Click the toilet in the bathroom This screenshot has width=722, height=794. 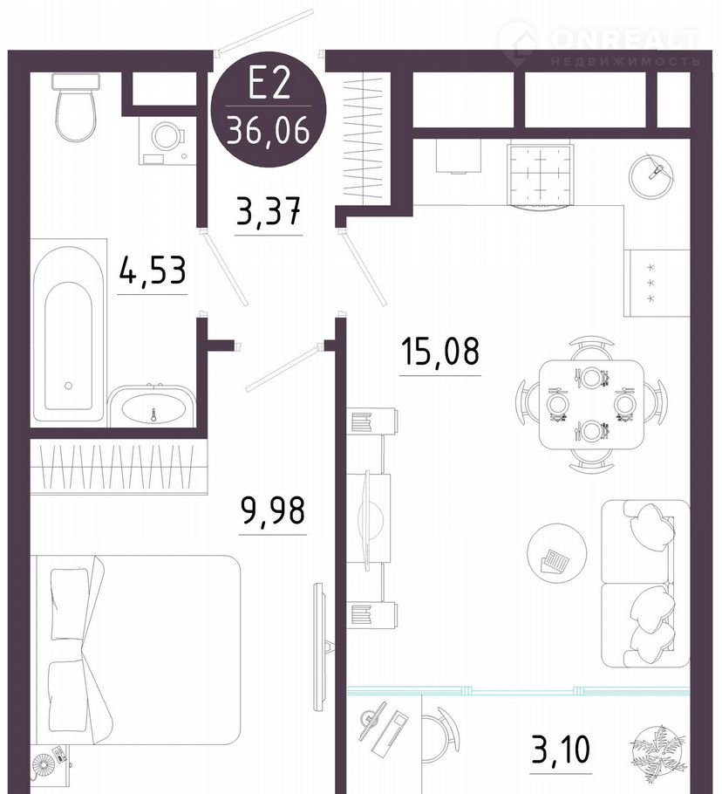click(x=76, y=106)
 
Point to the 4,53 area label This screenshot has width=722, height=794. click(x=153, y=271)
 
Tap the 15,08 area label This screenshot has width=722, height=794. click(x=439, y=352)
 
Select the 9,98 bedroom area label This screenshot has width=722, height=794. click(x=273, y=511)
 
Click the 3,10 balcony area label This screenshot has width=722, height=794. click(x=561, y=750)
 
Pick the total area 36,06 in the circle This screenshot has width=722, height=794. click(x=269, y=129)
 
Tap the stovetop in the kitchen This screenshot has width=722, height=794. click(x=541, y=175)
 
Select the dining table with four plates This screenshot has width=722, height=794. click(x=591, y=404)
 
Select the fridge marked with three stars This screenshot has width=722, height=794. click(x=657, y=283)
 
